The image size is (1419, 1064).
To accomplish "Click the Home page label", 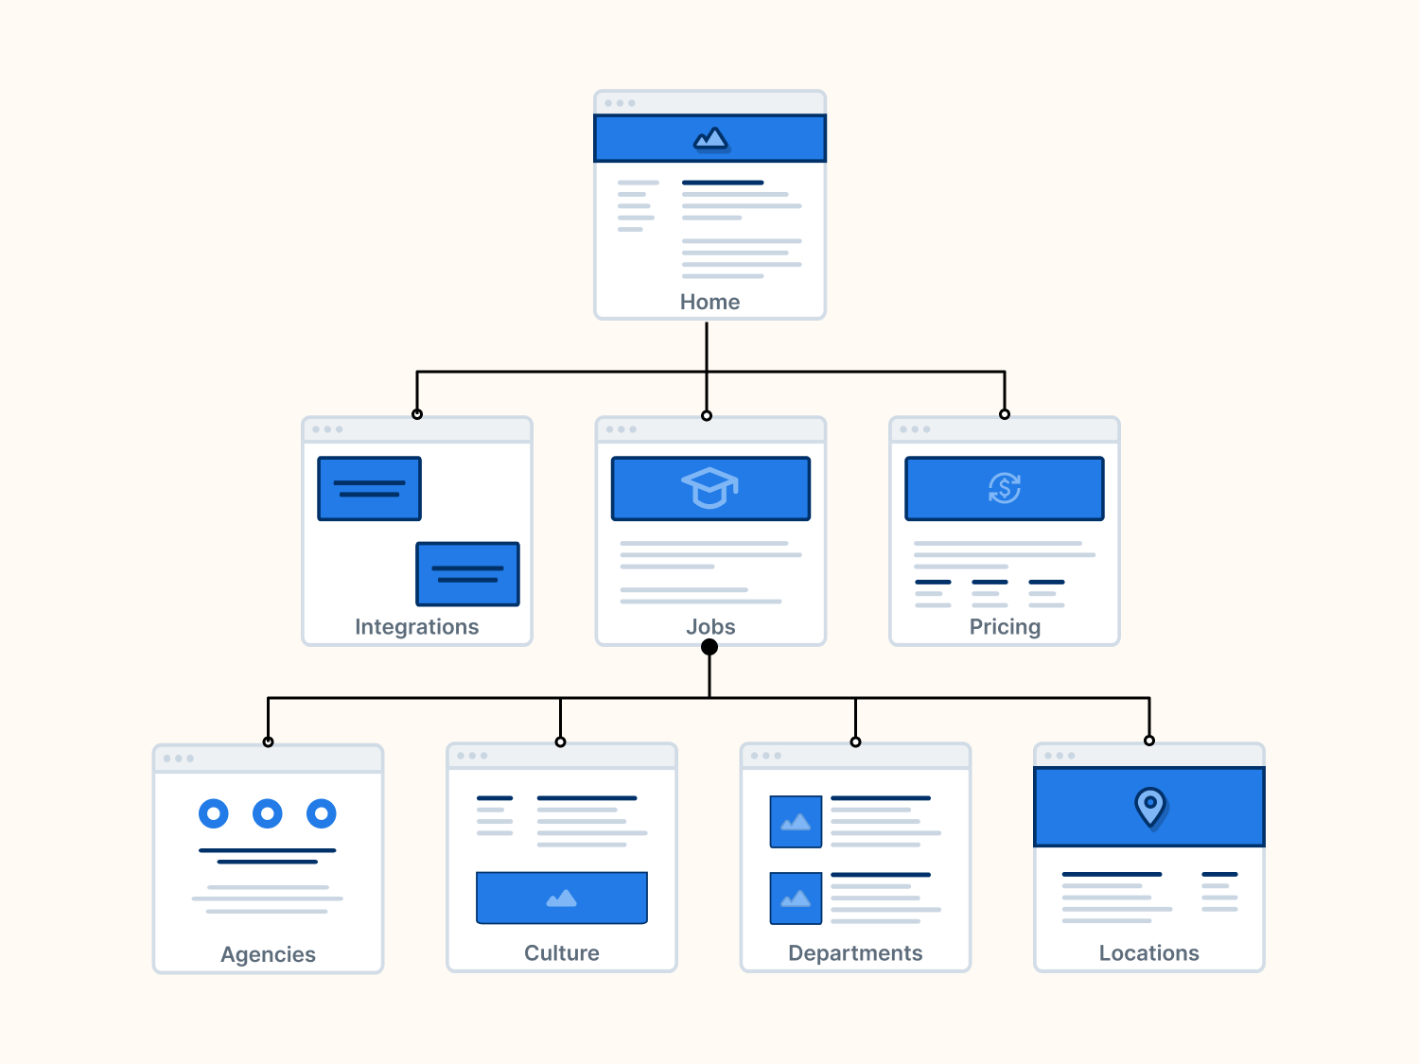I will [x=709, y=302].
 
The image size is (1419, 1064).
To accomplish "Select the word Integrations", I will [x=416, y=627].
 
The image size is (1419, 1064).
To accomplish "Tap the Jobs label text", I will [x=710, y=627].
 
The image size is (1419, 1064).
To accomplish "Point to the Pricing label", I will [x=1005, y=627].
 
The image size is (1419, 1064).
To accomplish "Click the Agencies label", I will [x=268, y=954].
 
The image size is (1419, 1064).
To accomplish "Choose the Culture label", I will [x=562, y=953].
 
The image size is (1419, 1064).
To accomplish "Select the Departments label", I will [x=855, y=953].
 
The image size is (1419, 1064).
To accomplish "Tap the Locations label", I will [x=1148, y=953].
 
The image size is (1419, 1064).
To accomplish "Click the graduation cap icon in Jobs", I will [x=709, y=488].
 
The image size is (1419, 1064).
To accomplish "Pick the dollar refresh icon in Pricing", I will [x=1005, y=488].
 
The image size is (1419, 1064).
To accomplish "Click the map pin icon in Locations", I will [x=1150, y=807].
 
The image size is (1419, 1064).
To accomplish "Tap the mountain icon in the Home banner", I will [x=710, y=140].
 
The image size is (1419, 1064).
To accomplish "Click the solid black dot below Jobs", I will [x=709, y=647].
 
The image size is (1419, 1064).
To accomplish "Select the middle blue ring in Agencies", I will [x=268, y=813].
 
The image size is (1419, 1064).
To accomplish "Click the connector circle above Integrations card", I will [x=417, y=414].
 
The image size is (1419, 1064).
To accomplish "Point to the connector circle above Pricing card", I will [x=1005, y=414].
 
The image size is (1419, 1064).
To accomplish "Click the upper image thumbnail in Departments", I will [x=796, y=821].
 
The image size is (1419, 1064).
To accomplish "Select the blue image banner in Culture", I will [x=562, y=898].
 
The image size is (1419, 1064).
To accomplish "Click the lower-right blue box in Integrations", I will [x=468, y=573].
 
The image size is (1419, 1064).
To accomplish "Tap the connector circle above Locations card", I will [x=1149, y=741].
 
